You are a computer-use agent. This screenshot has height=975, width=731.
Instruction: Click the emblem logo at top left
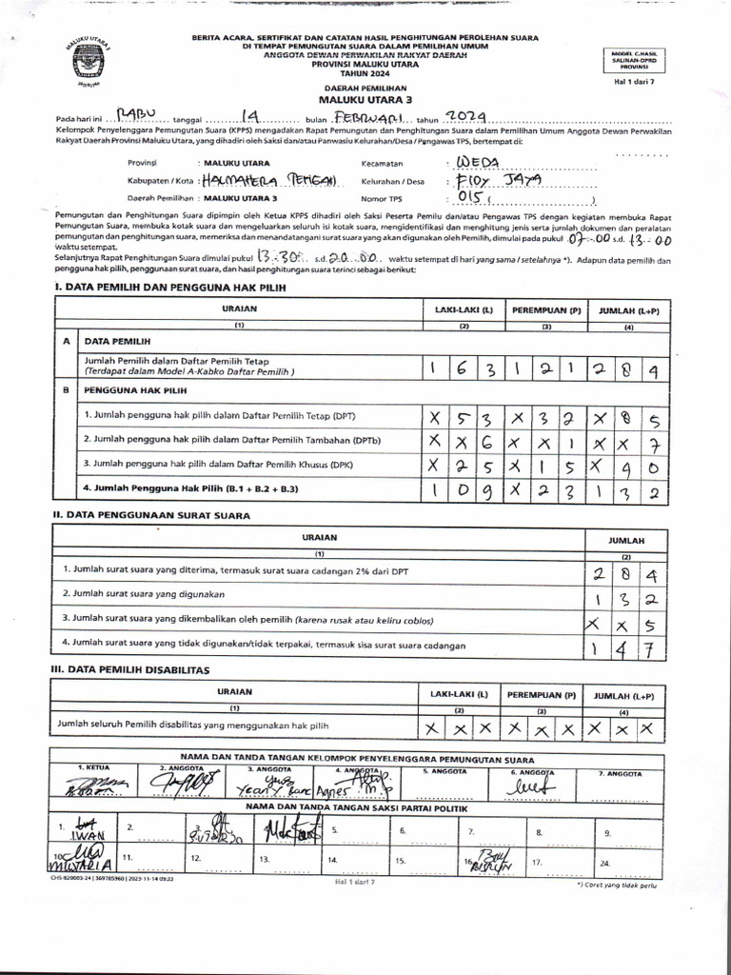[x=88, y=63]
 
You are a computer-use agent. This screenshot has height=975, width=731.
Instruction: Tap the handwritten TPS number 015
[x=473, y=198]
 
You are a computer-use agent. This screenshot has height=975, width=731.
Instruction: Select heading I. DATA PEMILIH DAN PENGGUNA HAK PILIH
[x=168, y=287]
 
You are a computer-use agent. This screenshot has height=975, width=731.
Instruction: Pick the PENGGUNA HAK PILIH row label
[x=135, y=390]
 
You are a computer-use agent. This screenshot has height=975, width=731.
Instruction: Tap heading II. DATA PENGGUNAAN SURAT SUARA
[x=151, y=515]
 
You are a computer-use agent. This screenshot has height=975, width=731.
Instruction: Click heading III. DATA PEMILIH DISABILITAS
[x=129, y=670]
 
